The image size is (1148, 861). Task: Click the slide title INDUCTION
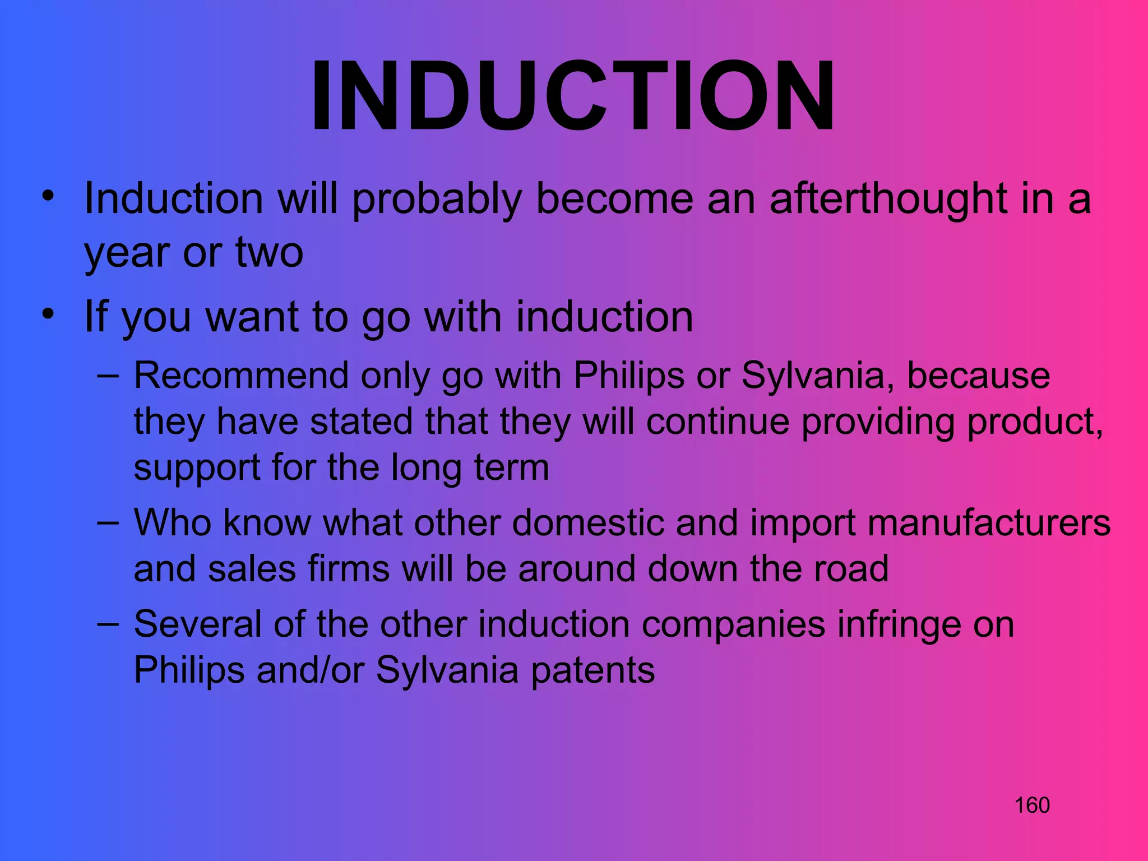pos(573,96)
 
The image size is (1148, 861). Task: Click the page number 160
pos(1031,806)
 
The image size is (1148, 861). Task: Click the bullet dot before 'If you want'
pos(49,314)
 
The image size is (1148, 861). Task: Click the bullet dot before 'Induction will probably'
pos(49,196)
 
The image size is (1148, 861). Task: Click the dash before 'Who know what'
pos(108,522)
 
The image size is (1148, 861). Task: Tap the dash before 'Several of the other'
pos(108,623)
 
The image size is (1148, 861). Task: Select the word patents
pos(592,670)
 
